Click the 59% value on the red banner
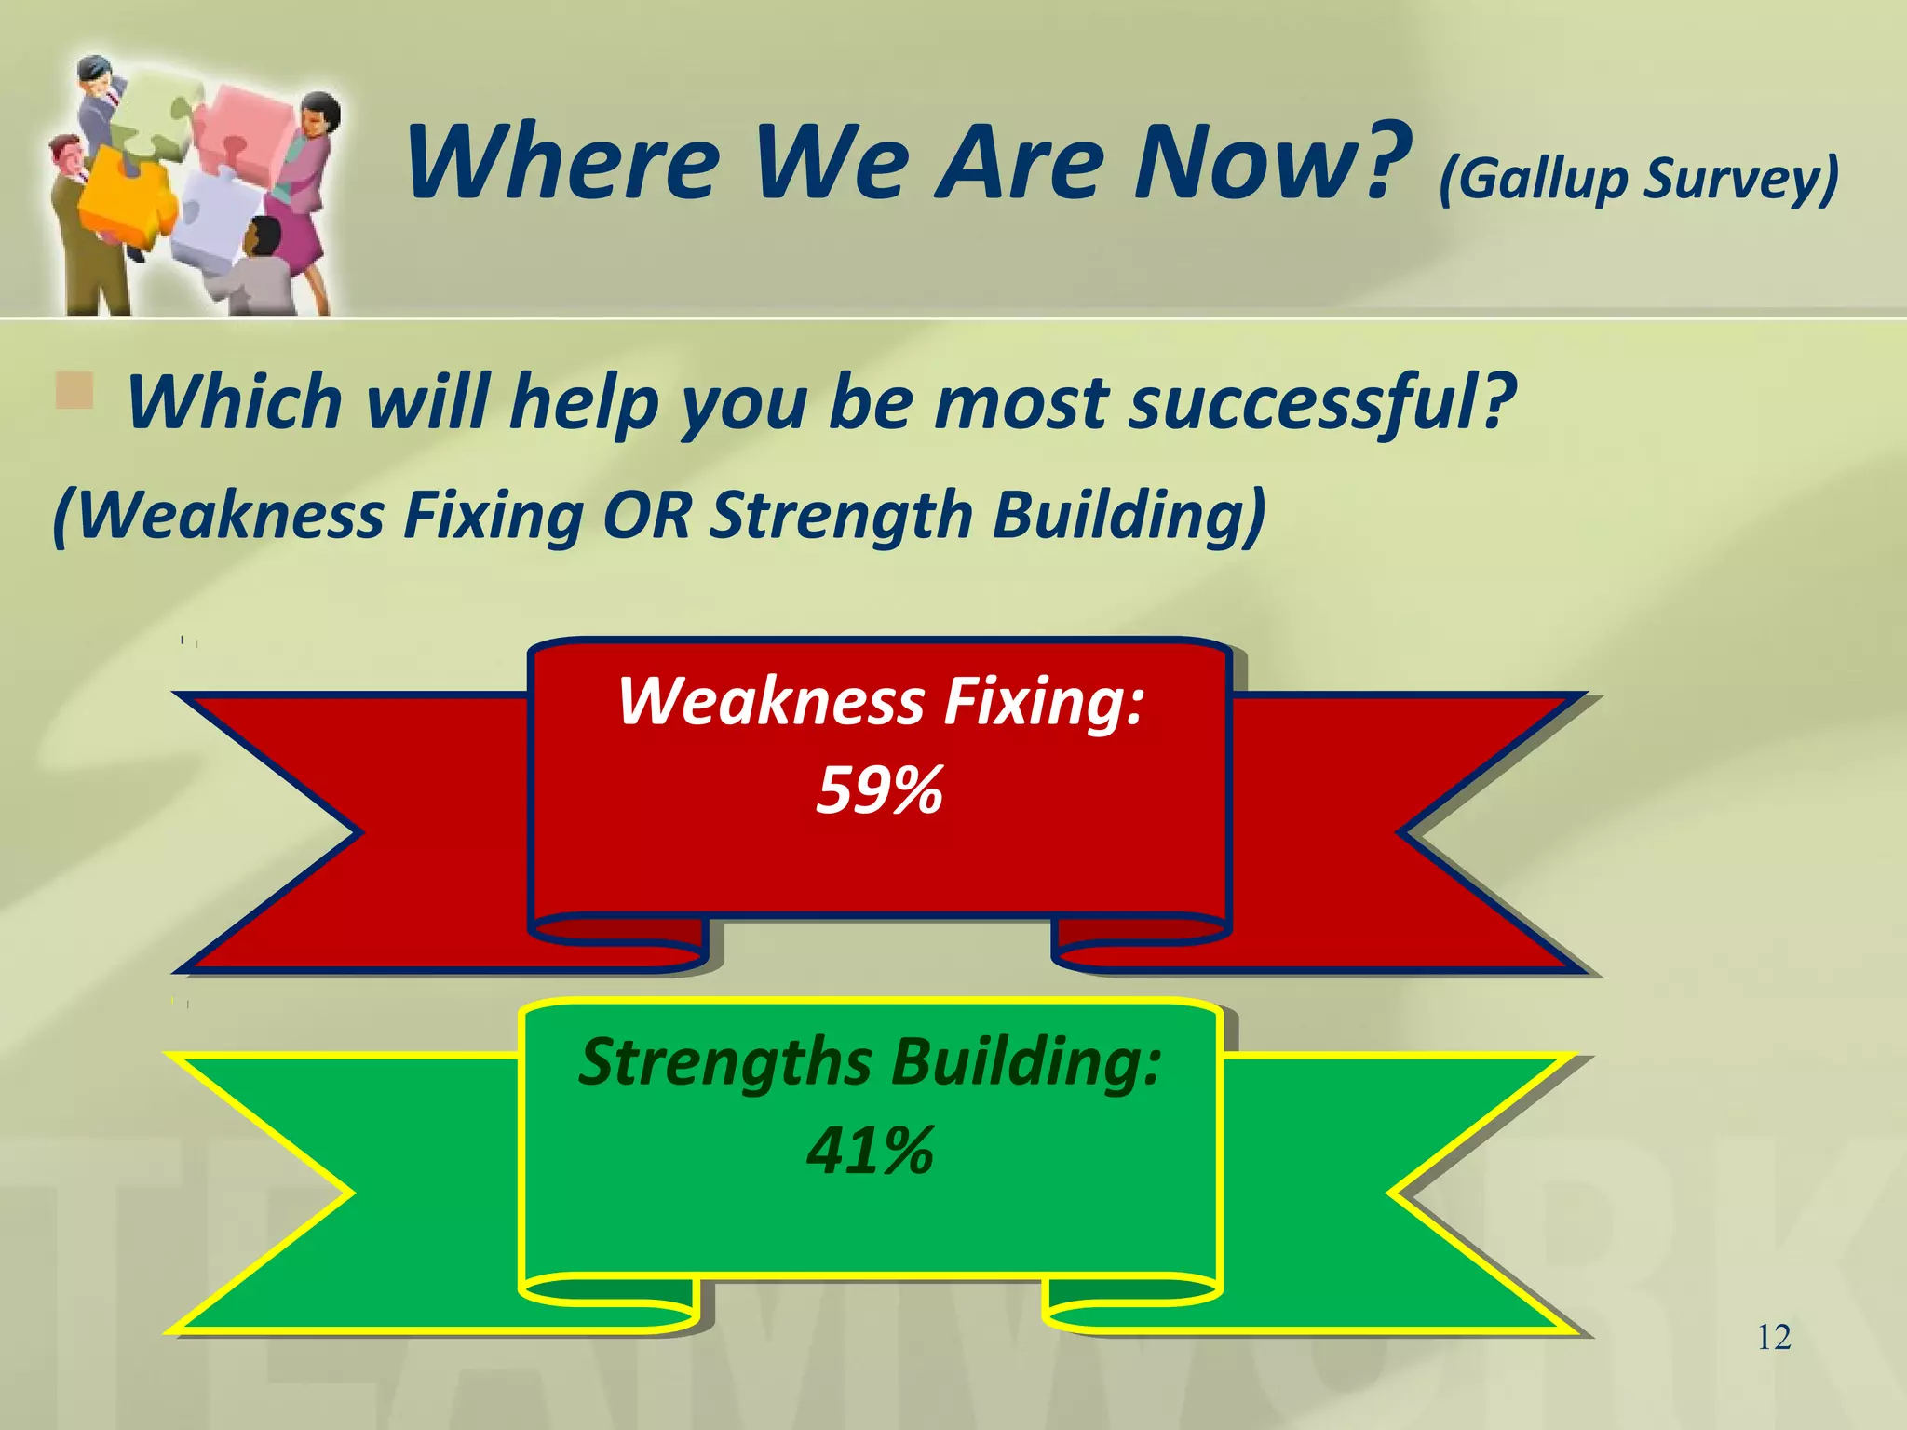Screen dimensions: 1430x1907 (x=879, y=790)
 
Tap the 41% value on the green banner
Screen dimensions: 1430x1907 (x=870, y=1151)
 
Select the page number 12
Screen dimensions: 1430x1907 (x=1774, y=1338)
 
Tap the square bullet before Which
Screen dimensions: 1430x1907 (x=74, y=391)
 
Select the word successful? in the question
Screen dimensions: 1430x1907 (x=1322, y=402)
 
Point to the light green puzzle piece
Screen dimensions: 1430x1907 (x=158, y=112)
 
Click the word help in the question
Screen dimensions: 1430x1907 (x=584, y=402)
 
